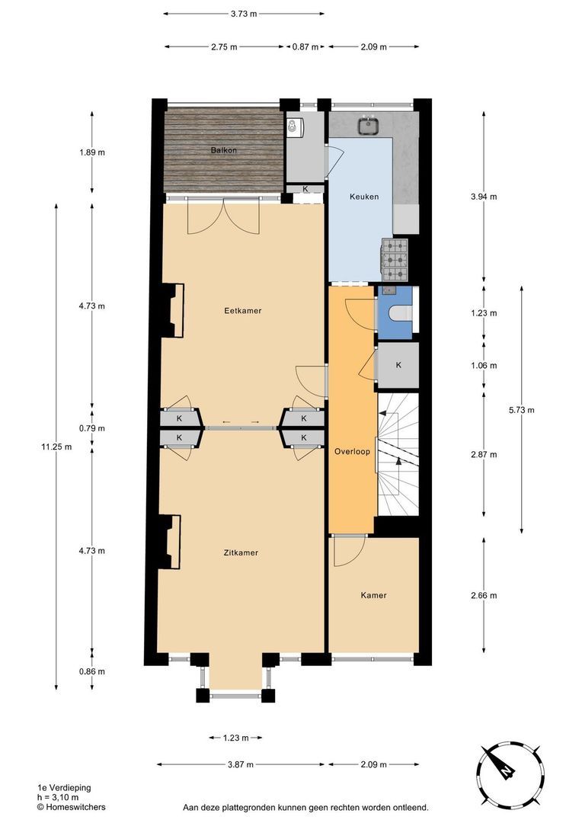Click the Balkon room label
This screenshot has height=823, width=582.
click(x=224, y=150)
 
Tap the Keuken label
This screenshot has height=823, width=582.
click(x=364, y=197)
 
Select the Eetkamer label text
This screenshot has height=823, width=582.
click(x=238, y=310)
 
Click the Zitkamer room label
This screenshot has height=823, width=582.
click(x=241, y=552)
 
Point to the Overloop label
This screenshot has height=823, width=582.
click(x=352, y=451)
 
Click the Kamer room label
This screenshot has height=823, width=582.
click(x=373, y=595)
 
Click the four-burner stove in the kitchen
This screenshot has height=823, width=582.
click(x=395, y=259)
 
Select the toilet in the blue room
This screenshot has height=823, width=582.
click(x=398, y=313)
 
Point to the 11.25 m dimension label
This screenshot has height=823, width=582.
click(x=56, y=447)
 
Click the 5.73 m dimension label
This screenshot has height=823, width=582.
click(x=521, y=410)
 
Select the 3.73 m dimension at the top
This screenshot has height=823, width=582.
click(x=244, y=14)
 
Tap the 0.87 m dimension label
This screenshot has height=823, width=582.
click(x=305, y=47)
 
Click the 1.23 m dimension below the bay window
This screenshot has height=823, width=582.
click(x=235, y=738)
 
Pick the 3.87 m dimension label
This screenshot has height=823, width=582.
click(x=241, y=764)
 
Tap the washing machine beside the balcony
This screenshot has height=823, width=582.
click(x=295, y=127)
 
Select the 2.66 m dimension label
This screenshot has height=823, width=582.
click(x=484, y=595)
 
